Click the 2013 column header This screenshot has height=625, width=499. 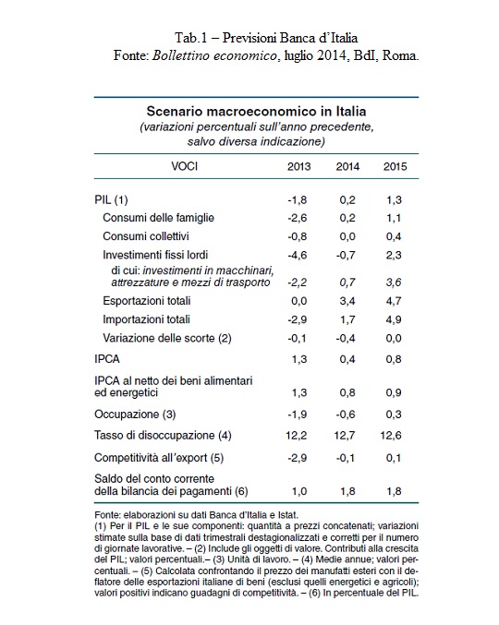coord(298,166)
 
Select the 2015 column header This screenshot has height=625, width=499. coord(395,166)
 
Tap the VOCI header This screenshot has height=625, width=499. coord(184,166)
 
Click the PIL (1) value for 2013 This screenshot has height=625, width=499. coord(298,199)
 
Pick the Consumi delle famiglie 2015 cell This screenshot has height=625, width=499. coord(394,218)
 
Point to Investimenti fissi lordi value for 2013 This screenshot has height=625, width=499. coord(298,255)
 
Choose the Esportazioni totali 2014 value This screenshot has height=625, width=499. coord(347,301)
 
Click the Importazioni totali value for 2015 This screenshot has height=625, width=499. coord(394,319)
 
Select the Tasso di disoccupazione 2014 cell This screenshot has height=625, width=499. coord(345,435)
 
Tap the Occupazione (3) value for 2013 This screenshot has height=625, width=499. coord(298,415)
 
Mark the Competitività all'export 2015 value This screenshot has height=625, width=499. coord(394,458)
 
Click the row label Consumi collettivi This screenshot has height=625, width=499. coord(146,236)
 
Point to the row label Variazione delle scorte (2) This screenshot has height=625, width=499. coord(166,339)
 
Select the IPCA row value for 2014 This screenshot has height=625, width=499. coord(347,359)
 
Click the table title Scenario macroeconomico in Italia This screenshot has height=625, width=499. coord(256,111)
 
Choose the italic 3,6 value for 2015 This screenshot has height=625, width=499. coord(394,282)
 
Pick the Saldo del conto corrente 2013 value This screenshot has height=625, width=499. coord(299,491)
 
